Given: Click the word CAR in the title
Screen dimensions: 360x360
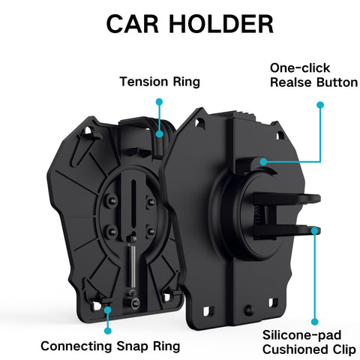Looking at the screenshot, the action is [x=132, y=24].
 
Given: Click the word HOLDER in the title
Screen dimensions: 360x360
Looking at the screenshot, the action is [x=221, y=24].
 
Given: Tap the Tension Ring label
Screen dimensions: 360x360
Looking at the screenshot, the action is [x=160, y=82].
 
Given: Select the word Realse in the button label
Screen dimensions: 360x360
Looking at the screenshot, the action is [x=291, y=82].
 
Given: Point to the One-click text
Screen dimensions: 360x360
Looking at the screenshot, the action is [x=300, y=67].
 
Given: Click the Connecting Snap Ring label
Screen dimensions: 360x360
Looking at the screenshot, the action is [x=110, y=346].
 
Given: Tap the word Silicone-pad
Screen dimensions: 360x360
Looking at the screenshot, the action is [x=301, y=335].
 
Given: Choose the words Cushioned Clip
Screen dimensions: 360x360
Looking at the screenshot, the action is [x=309, y=349].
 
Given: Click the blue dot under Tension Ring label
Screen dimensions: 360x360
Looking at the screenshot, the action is [x=159, y=102].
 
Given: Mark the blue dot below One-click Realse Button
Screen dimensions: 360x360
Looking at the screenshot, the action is [x=320, y=105].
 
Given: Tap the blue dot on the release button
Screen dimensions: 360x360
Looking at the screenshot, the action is [x=263, y=162].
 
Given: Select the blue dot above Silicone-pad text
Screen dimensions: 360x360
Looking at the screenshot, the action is [x=315, y=322].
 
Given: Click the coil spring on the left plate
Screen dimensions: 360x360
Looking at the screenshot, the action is [x=132, y=265].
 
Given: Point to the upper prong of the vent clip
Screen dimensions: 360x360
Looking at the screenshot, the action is [x=287, y=199].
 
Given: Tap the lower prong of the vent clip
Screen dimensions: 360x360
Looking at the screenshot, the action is [x=287, y=230].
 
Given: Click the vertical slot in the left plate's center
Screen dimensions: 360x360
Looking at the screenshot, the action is [x=133, y=203].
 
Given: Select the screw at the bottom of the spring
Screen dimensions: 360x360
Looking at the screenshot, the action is [x=135, y=303].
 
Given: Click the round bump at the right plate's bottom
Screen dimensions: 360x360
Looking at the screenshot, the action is [x=249, y=310].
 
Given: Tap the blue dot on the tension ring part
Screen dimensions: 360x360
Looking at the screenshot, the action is [x=160, y=134].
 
